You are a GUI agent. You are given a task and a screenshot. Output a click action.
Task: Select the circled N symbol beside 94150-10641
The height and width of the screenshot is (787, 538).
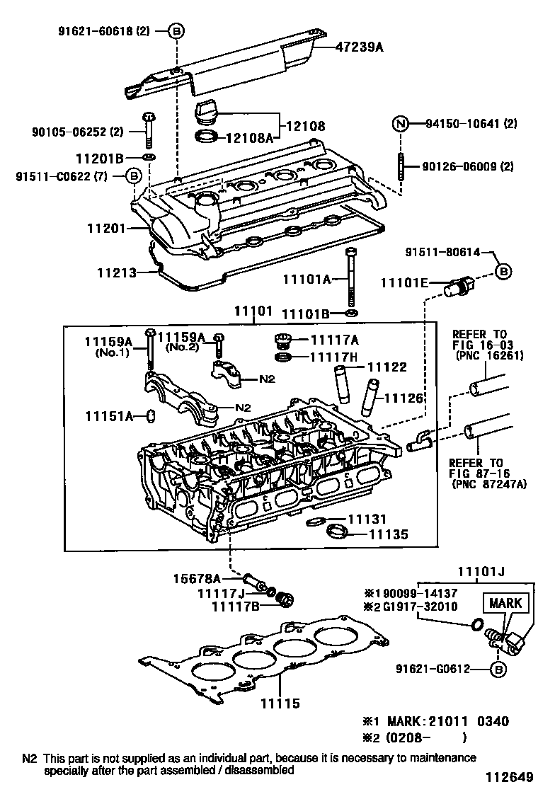click(x=401, y=124)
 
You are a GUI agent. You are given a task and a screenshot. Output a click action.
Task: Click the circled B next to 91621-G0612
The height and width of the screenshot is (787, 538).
click(x=498, y=669)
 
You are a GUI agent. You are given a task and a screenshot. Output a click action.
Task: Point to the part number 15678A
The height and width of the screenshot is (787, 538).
click(x=198, y=579)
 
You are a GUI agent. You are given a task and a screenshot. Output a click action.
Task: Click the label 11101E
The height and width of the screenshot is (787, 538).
click(x=404, y=283)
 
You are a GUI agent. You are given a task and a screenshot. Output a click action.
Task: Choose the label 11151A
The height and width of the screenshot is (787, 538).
click(x=110, y=415)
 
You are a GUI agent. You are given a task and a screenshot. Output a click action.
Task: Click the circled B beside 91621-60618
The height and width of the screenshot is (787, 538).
click(x=177, y=30)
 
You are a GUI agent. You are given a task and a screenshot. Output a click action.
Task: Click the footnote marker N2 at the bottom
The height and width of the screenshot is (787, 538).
click(x=29, y=757)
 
